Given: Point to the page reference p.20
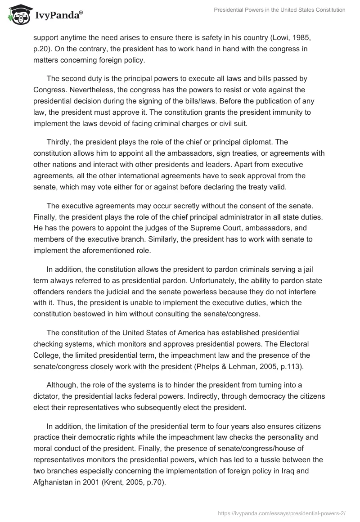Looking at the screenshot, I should [x=43, y=49].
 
